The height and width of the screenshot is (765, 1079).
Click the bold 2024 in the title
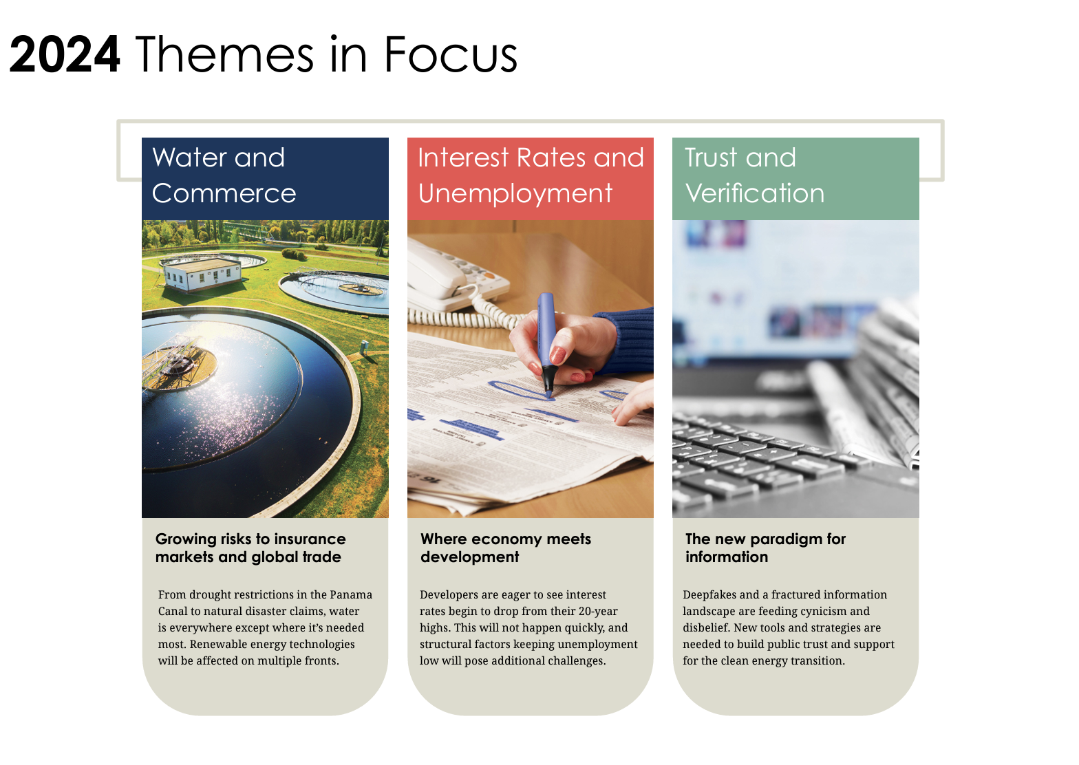[x=65, y=54]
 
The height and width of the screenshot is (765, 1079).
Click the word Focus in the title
[x=451, y=54]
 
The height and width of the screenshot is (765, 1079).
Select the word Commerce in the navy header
[x=224, y=193]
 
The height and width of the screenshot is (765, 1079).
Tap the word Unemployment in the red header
[x=515, y=194]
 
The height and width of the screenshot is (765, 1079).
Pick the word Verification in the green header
[x=755, y=193]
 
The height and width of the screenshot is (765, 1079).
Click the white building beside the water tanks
[x=202, y=274]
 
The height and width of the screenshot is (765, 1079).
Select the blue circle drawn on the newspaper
[x=521, y=391]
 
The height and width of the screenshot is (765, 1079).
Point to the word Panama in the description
[x=351, y=594]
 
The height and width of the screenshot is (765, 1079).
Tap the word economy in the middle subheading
[x=508, y=539]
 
